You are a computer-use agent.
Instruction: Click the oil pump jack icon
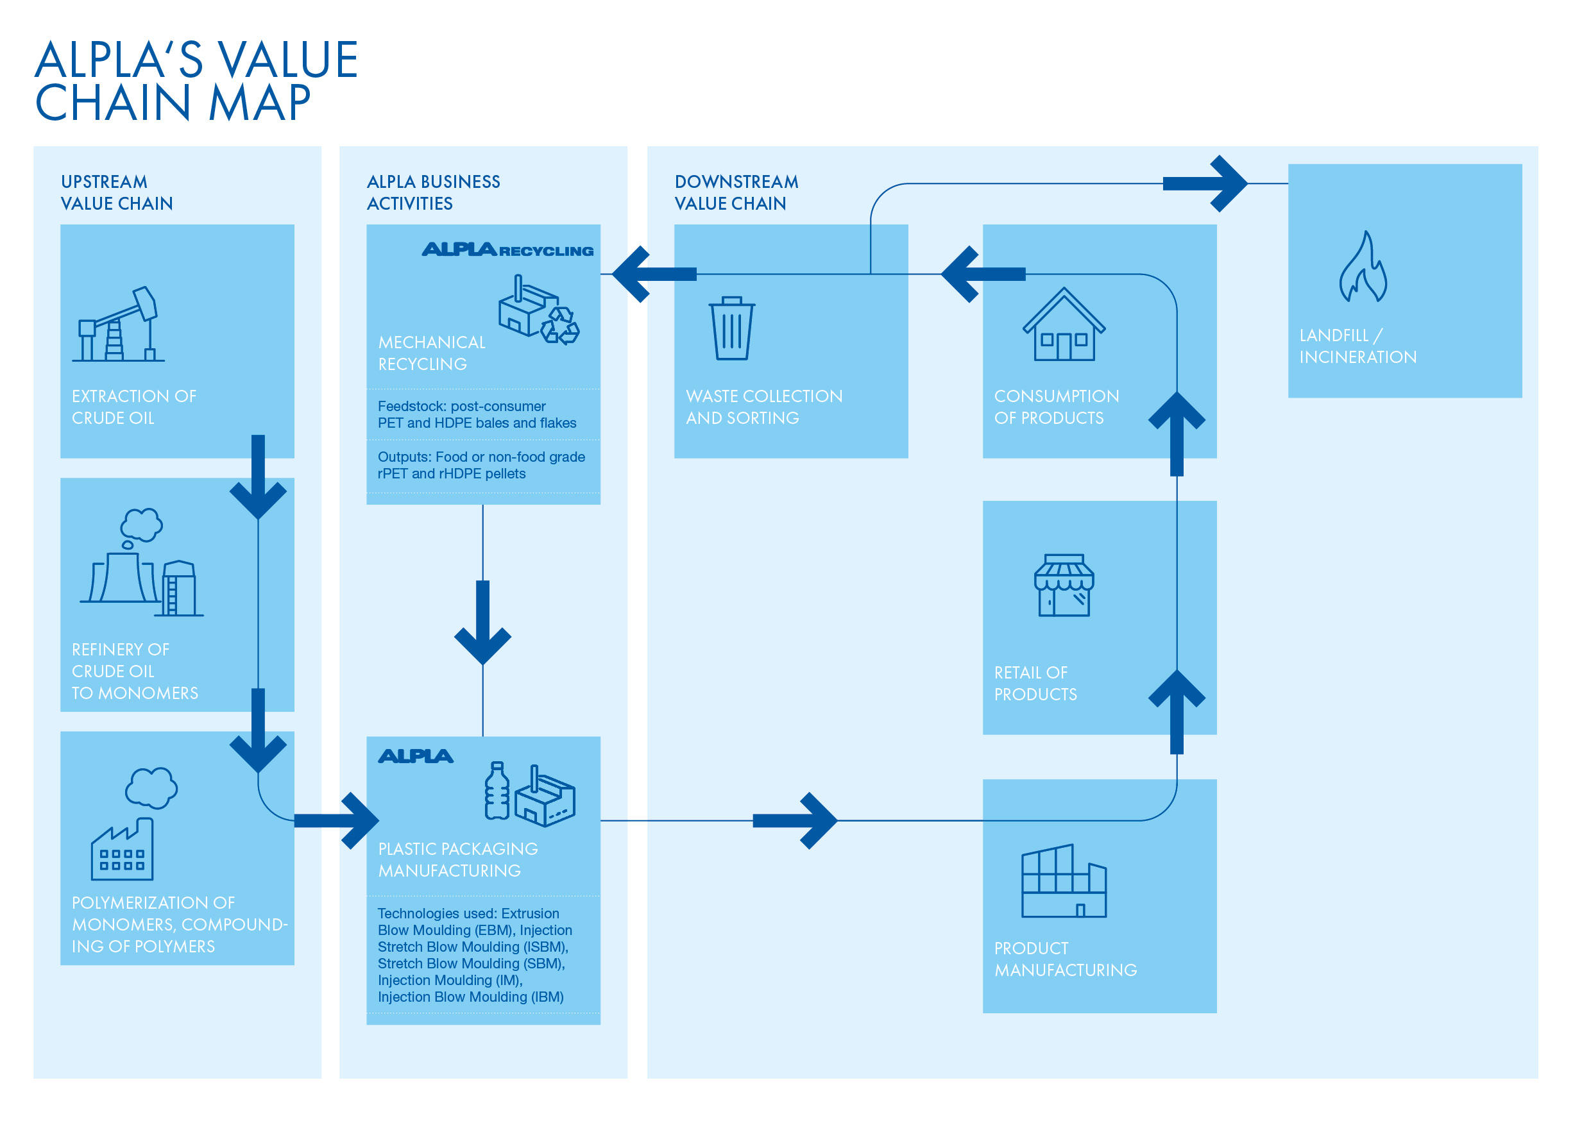coord(119,324)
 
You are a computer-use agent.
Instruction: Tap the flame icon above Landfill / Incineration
coord(1363,267)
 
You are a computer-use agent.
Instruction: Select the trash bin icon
coord(732,328)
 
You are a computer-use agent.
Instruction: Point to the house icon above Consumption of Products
coord(1064,324)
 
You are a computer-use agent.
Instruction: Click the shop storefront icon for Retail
coord(1064,586)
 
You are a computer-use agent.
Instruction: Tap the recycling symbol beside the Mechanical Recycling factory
coord(560,326)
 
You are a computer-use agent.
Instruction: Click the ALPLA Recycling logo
coord(508,249)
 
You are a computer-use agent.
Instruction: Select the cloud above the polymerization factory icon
coord(151,788)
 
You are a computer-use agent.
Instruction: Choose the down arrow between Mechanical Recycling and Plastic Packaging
coord(483,622)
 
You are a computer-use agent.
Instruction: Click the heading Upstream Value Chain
coord(116,192)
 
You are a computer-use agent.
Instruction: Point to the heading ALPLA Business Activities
coord(433,192)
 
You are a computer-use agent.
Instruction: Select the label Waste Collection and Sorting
coord(764,407)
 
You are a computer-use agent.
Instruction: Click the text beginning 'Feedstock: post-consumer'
coord(477,414)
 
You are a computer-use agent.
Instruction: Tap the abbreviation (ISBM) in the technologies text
coord(545,947)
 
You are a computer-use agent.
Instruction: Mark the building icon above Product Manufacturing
coord(1064,881)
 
